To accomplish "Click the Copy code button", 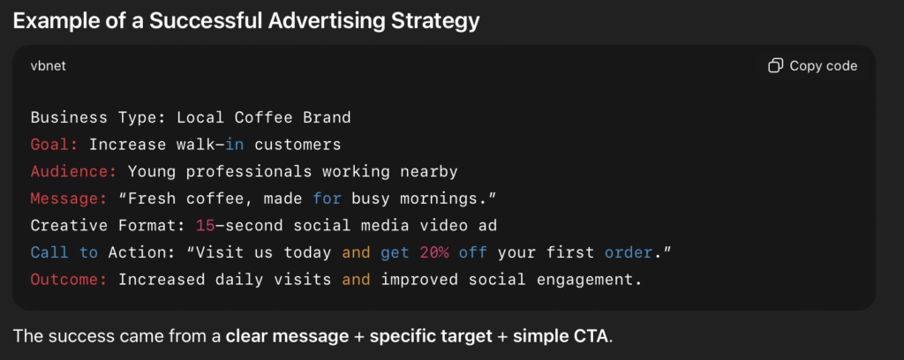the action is pos(813,66).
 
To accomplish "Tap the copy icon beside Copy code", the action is pos(775,66).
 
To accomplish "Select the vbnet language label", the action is pos(49,66).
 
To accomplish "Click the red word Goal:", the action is pos(54,145).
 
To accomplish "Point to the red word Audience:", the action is pos(74,172).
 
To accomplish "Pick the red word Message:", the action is pos(69,199).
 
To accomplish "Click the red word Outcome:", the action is pos(69,280).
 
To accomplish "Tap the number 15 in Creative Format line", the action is pos(205,226).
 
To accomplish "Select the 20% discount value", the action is pos(434,253).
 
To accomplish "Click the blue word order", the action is pos(629,253).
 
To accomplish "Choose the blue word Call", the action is pos(49,253).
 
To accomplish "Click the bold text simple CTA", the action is pos(561,336).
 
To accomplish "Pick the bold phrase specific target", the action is pos(431,336).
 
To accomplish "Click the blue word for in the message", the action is pos(328,199).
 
